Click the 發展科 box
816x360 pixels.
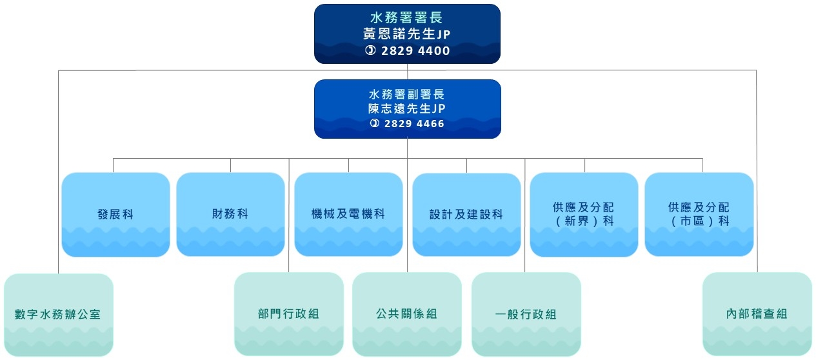coord(115,214)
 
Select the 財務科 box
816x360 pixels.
coord(230,214)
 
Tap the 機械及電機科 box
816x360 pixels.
coord(348,214)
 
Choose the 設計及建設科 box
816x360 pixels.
coord(466,214)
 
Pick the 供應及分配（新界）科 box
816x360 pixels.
coord(584,214)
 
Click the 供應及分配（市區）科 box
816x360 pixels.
coord(699,214)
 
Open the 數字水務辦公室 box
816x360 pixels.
coord(58,315)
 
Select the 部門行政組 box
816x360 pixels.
coord(288,314)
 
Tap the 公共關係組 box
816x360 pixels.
coord(407,314)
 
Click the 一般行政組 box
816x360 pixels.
coord(526,314)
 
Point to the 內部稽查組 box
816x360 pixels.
coord(757,314)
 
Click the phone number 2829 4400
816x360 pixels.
coord(415,51)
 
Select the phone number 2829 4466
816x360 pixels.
coord(414,123)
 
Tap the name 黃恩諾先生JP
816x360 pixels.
coord(407,34)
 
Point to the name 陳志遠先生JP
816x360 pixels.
coord(407,109)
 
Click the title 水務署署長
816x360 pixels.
coord(407,18)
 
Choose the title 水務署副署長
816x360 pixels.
coord(407,94)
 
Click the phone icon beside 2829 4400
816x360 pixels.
coord(370,51)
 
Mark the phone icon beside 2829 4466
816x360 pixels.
coord(375,123)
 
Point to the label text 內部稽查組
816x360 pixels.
coord(757,314)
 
